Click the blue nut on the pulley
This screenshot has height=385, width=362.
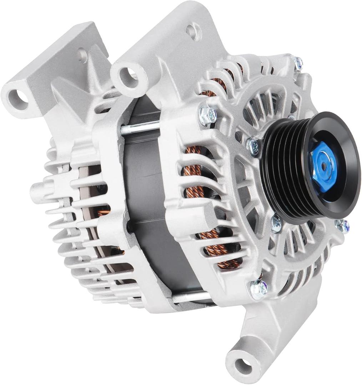(x=323, y=166)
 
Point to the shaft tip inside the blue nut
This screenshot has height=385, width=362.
(x=323, y=166)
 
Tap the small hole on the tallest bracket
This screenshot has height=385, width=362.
(x=193, y=31)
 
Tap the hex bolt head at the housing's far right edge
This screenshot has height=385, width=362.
(x=342, y=225)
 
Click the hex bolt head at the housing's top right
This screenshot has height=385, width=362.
(x=297, y=63)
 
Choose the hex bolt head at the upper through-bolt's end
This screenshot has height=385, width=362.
(x=207, y=115)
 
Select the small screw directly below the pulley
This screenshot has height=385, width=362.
(x=276, y=224)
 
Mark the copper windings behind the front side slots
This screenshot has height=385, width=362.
(x=200, y=200)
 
